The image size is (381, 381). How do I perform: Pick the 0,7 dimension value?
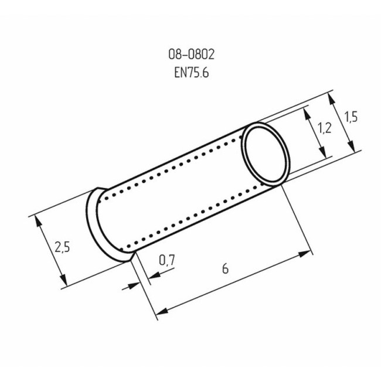(167, 260)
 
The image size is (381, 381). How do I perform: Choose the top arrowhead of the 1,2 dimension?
(307, 111)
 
